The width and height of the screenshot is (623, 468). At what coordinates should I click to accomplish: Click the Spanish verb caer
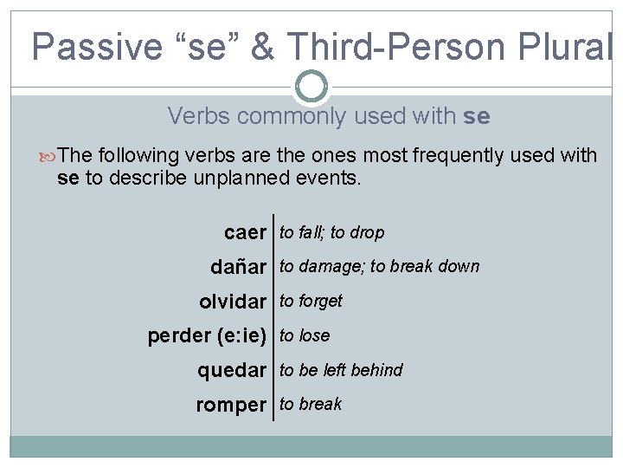pos(245,233)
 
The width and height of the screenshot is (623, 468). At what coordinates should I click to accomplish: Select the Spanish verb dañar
pos(238,268)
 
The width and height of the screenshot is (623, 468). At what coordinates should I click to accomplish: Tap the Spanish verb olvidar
pos(232,302)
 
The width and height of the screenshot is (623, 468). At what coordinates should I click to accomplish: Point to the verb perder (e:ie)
pos(207,336)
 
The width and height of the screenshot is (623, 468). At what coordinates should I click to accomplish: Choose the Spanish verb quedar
pos(231,371)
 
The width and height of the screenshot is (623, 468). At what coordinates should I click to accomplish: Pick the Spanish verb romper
pos(231,405)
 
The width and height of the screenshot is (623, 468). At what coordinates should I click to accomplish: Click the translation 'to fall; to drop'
pos(331,232)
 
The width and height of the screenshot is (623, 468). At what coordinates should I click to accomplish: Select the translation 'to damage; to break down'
pos(379,266)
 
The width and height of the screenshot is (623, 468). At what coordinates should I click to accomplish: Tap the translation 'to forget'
pos(311,301)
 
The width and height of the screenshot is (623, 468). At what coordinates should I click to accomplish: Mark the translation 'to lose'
pos(305,335)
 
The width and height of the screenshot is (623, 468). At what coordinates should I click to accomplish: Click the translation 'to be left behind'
pos(341,370)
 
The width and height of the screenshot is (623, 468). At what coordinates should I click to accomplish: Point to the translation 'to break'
pos(311,404)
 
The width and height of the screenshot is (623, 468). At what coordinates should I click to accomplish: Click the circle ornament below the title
pos(311,86)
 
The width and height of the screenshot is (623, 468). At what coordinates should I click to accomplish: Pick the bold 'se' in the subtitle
pos(476,116)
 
